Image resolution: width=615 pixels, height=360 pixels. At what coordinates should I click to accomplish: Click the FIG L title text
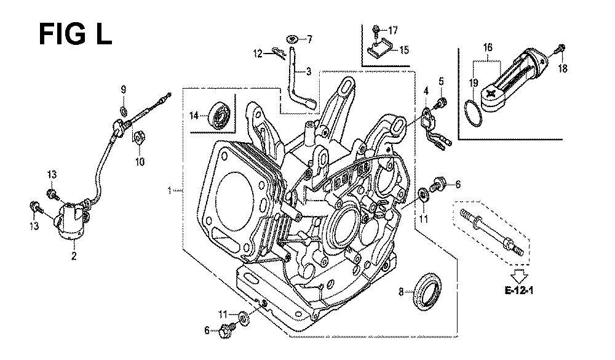point(75,34)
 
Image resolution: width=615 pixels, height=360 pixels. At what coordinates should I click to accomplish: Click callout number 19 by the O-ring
point(474,82)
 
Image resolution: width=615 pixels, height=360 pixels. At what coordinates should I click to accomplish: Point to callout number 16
point(487,47)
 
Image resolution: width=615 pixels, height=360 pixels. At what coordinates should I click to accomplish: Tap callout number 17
point(394,29)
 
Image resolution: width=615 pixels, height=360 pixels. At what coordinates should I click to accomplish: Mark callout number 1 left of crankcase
point(169,190)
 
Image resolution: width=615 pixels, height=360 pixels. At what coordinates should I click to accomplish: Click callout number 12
point(258,54)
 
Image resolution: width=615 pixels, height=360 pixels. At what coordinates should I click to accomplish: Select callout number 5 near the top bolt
point(440,81)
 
